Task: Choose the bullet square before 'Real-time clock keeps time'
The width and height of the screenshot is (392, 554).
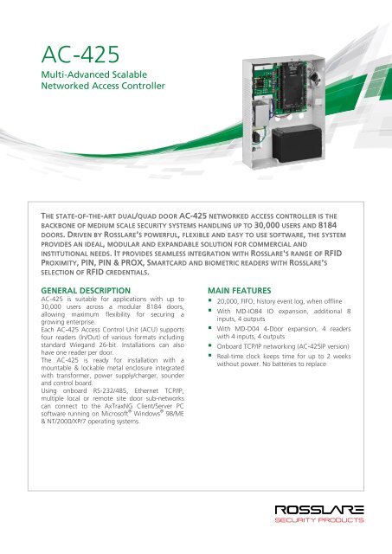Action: point(211,391)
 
